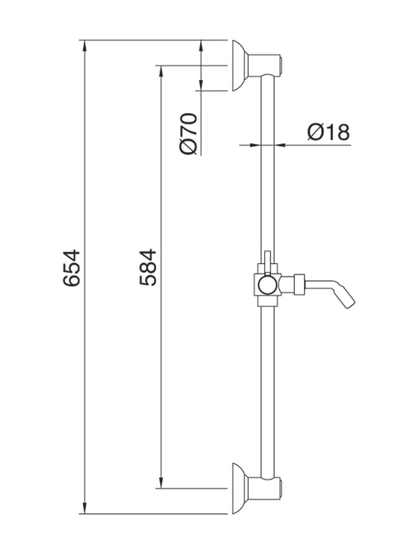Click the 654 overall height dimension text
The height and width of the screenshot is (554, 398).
point(72,268)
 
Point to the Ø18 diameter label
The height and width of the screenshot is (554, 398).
point(328,133)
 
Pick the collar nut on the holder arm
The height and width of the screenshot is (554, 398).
point(297,283)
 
